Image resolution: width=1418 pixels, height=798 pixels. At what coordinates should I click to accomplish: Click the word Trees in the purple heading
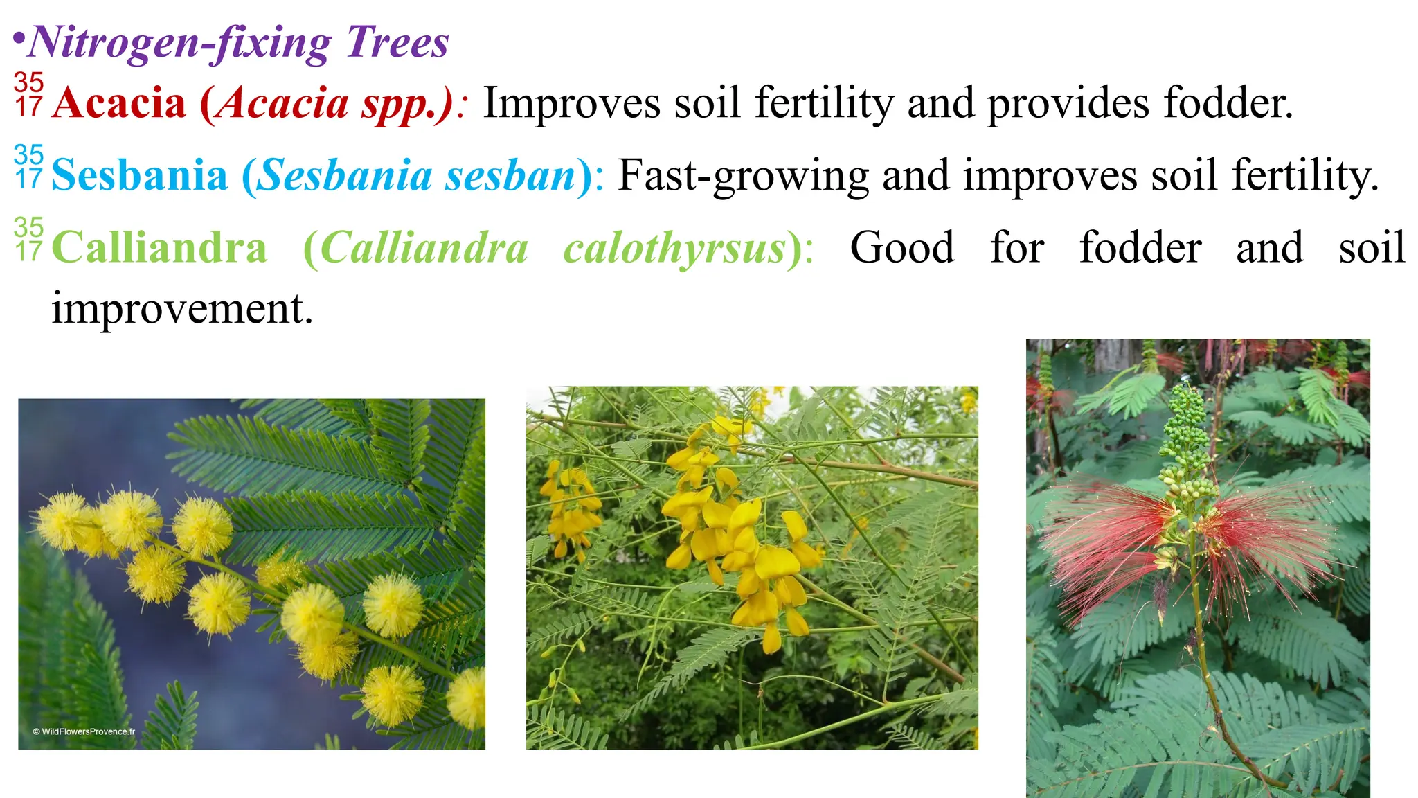click(x=397, y=42)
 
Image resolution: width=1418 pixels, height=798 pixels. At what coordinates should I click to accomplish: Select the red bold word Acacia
click(x=119, y=103)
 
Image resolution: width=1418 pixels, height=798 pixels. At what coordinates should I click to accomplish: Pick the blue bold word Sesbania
click(x=139, y=175)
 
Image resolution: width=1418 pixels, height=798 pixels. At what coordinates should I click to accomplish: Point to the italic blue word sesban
click(x=510, y=175)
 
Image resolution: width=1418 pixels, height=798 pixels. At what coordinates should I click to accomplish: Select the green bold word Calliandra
click(x=159, y=248)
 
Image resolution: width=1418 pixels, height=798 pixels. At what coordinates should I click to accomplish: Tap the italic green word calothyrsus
click(x=675, y=248)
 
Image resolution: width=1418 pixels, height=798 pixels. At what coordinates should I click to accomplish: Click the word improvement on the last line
click(x=181, y=308)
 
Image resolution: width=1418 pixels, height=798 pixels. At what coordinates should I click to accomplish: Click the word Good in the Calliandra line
click(x=901, y=248)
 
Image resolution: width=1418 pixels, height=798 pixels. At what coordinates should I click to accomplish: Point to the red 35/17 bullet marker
click(x=28, y=94)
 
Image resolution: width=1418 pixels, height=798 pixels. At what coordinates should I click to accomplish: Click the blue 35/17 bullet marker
click(x=28, y=167)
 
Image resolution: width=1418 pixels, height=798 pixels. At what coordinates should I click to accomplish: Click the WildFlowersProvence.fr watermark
click(x=84, y=731)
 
